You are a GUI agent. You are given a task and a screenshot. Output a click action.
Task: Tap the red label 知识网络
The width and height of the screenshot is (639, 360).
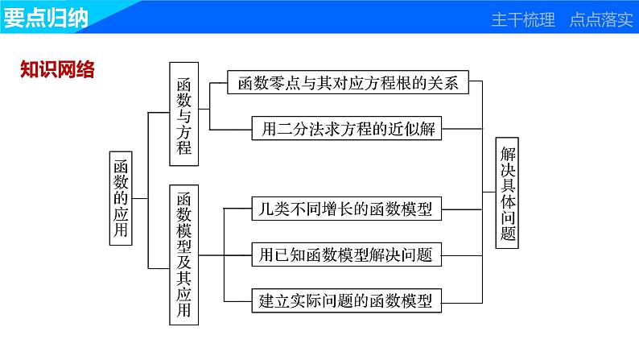click(x=57, y=70)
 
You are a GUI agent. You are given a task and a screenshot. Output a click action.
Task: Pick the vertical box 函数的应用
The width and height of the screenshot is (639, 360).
click(x=121, y=197)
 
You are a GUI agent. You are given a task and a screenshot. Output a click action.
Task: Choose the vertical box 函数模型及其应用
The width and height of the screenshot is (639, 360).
click(x=185, y=254)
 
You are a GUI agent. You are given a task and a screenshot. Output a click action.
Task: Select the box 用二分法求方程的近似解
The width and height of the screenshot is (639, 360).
click(x=347, y=128)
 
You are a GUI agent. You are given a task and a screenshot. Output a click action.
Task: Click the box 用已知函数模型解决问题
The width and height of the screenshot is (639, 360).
click(x=347, y=255)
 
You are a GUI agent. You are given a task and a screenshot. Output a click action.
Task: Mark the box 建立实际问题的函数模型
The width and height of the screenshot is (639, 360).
click(x=347, y=301)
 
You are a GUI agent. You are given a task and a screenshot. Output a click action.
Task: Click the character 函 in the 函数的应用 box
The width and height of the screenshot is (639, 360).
click(x=121, y=163)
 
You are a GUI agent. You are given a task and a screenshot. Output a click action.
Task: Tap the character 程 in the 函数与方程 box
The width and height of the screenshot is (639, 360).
click(x=185, y=147)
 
